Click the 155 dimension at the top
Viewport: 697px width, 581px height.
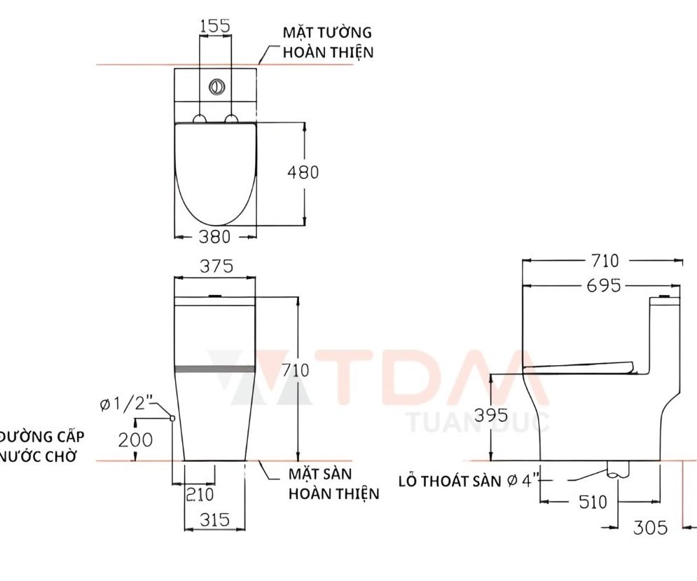coord(215,26)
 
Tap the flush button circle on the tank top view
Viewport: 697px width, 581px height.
coord(217,88)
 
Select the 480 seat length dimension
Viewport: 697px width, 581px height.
coord(303,172)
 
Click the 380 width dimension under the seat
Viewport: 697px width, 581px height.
coord(214,237)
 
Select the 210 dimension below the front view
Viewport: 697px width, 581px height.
coord(199,494)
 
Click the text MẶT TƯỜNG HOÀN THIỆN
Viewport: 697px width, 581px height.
coord(328,42)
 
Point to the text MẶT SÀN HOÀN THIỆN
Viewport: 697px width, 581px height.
coord(333,484)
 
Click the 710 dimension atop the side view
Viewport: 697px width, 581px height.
coord(603,261)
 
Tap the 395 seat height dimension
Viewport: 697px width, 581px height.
coord(490,415)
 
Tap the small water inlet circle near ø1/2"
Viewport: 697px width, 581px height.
coord(172,418)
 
